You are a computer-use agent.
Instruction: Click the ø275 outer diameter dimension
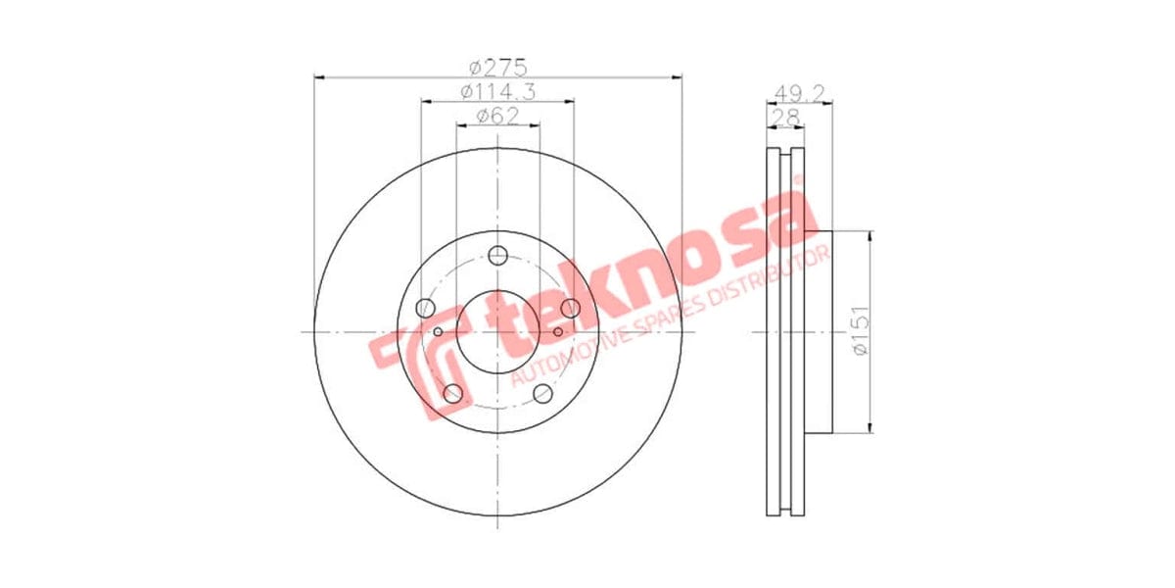[x=497, y=68]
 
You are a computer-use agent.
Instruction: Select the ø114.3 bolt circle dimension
[x=497, y=92]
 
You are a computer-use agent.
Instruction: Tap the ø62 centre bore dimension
[x=497, y=117]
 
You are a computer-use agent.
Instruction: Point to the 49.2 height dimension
[x=797, y=93]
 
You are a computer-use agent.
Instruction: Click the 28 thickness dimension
[x=784, y=118]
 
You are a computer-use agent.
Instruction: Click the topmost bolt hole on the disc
[x=498, y=257]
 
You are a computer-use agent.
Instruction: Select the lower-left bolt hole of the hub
[x=452, y=394]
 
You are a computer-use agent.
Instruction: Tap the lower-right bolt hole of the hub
[x=543, y=394]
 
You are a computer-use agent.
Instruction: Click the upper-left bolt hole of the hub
[x=424, y=309]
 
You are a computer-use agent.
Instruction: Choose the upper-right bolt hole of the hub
[x=572, y=309]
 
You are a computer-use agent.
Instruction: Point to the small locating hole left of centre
[x=439, y=332]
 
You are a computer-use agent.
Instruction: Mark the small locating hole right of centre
[x=558, y=332]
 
